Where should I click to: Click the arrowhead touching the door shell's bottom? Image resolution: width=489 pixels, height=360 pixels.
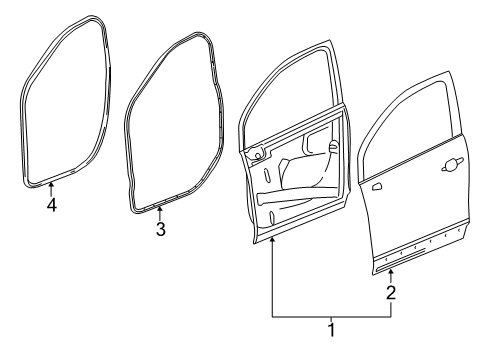point(272,244)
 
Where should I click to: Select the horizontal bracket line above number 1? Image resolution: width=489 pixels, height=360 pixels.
point(331,314)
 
